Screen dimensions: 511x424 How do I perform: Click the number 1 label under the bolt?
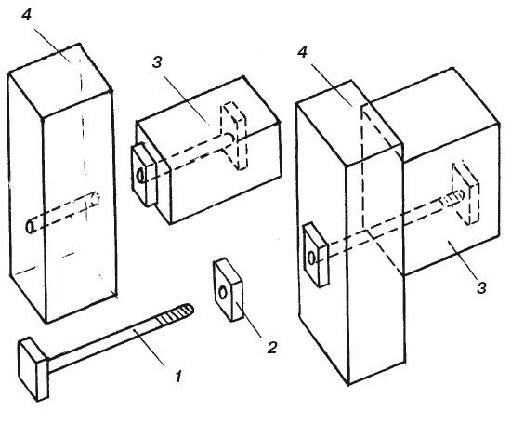coord(178,377)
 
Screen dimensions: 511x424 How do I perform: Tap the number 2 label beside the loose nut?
coord(271,348)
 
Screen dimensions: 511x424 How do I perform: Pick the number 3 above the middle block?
coord(157,61)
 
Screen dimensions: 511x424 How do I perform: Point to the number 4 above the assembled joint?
coord(303,52)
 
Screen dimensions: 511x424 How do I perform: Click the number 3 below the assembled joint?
coord(481,288)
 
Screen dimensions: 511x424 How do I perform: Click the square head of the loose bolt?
coord(33,368)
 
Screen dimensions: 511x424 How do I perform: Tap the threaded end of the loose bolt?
coord(175,313)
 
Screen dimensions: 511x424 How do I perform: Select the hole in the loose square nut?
coord(223,293)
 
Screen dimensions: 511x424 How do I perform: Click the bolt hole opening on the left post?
coord(30,227)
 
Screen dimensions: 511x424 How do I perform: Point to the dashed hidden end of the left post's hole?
coord(96,198)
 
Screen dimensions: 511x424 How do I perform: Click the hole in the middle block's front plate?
coord(140,176)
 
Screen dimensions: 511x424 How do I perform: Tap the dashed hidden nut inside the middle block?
coord(234,137)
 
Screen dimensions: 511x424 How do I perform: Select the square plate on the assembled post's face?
coord(316,255)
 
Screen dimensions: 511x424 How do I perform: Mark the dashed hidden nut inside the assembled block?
coord(465,193)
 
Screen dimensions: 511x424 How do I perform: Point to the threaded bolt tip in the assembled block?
coord(452,198)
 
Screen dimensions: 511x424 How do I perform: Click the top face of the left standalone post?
coord(60,82)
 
